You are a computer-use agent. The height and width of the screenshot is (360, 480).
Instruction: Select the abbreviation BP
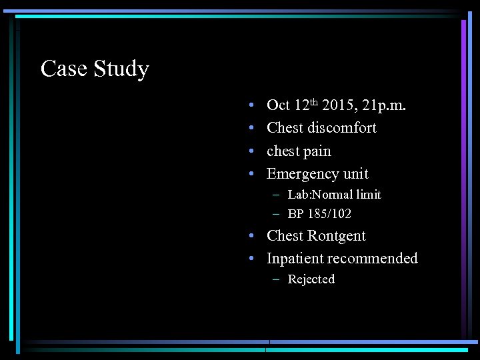pos(295,214)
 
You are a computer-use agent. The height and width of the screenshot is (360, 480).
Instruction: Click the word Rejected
pos(311,279)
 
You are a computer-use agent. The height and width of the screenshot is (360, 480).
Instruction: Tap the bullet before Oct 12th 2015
pos(249,106)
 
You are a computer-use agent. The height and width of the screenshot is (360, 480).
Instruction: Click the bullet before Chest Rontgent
pos(249,237)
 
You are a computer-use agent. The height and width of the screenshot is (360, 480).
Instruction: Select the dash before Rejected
pos(276,279)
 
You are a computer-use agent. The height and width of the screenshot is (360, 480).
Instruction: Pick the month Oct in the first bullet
pos(278,105)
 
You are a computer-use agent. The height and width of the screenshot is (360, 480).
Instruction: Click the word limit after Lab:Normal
pos(367,195)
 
